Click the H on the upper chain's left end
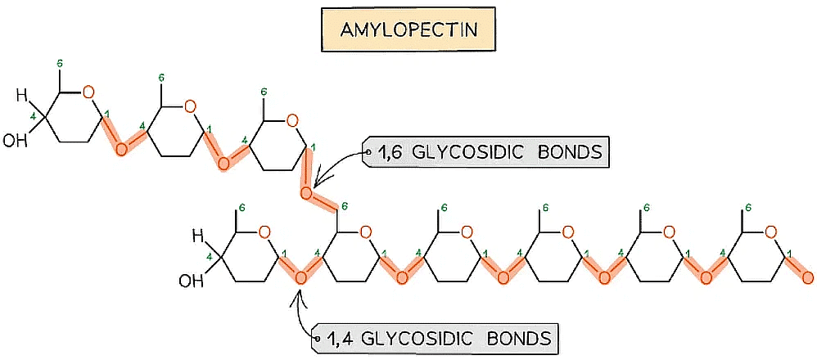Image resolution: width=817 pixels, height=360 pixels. [21, 95]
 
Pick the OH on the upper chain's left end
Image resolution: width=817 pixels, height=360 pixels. [14, 141]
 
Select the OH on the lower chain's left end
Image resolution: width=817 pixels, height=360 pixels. [189, 282]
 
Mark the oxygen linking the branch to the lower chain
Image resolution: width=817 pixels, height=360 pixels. [305, 194]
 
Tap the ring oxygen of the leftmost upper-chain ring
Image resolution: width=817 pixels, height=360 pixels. [88, 91]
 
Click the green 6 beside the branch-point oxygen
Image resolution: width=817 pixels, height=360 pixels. [345, 207]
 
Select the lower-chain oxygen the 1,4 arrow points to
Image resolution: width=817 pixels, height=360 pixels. [300, 277]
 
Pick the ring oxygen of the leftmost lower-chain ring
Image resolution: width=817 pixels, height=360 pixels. [264, 232]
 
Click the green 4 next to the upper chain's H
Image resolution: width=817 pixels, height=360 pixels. [33, 117]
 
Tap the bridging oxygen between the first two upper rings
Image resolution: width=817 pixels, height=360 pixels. [121, 148]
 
